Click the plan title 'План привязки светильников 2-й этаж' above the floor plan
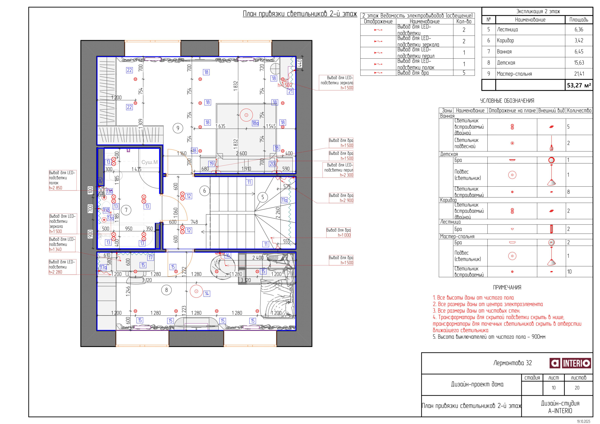300,14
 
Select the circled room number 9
178,128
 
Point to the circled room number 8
166,290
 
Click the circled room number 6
205,191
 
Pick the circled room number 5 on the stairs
263,197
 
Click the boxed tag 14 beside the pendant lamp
207,294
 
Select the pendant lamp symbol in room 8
196,291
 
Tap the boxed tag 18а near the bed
255,123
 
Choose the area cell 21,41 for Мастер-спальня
579,74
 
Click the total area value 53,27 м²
579,85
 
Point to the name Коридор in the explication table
505,41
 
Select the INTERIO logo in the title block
570,363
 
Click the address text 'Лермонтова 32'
513,363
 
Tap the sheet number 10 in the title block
553,388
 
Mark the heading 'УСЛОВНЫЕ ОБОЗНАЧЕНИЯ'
507,101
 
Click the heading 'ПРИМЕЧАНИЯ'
507,288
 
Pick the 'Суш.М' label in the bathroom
150,162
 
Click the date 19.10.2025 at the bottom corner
584,421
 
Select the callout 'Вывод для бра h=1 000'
338,233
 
